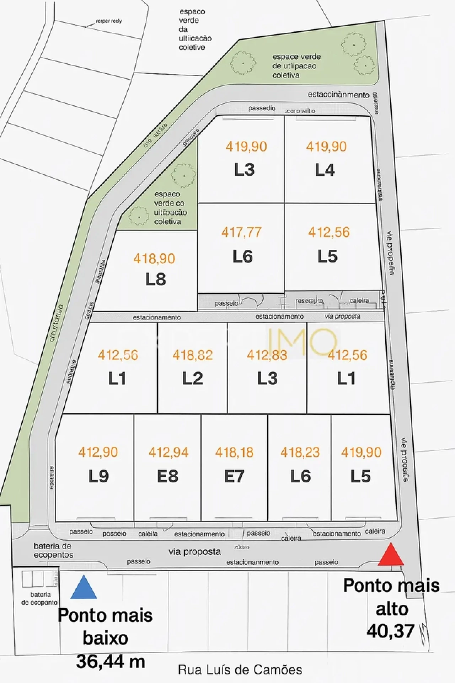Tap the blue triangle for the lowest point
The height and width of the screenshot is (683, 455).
click(84, 588)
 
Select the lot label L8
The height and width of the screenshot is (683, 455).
click(156, 280)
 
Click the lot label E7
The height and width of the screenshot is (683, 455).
click(234, 476)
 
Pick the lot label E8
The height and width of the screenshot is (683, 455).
click(168, 476)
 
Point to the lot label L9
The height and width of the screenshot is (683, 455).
click(98, 476)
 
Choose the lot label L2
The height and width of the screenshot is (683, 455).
click(192, 378)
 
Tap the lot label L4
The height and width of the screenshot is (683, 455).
click(325, 170)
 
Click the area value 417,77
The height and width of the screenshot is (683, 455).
click(241, 232)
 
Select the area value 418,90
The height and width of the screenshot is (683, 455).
click(154, 259)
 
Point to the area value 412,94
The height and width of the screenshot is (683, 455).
click(168, 452)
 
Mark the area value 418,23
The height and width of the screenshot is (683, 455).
click(300, 452)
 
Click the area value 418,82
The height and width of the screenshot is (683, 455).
click(192, 355)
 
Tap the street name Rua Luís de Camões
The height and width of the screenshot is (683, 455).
click(240, 670)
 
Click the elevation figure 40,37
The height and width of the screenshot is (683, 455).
click(390, 631)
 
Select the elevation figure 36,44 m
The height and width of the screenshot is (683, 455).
click(111, 662)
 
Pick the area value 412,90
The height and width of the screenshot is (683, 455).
click(98, 452)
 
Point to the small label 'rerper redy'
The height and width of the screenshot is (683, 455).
click(109, 21)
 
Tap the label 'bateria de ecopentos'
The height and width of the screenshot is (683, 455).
click(53, 550)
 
